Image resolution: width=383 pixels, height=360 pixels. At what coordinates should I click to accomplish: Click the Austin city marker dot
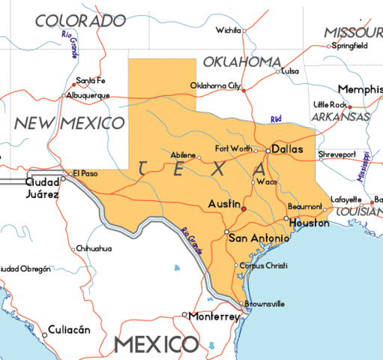[x=244, y=208]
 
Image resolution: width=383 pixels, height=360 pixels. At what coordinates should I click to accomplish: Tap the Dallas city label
[x=287, y=149]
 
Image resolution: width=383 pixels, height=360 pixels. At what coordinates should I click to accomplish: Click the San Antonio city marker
[x=227, y=231]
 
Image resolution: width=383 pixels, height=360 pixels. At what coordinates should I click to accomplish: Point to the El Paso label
[x=85, y=173]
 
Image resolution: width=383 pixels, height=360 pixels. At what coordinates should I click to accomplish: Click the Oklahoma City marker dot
[x=244, y=90]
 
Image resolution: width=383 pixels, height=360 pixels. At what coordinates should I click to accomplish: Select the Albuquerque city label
[x=88, y=95]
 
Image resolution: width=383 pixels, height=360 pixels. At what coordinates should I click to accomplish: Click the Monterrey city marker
[x=185, y=315]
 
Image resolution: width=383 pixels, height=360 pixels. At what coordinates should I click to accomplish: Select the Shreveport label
[x=337, y=154]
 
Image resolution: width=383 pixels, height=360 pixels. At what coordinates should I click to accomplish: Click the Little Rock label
[x=330, y=104]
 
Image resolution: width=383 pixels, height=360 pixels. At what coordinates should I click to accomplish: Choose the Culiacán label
[x=69, y=329]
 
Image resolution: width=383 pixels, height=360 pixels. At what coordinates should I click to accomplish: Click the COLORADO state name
[x=81, y=20]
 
